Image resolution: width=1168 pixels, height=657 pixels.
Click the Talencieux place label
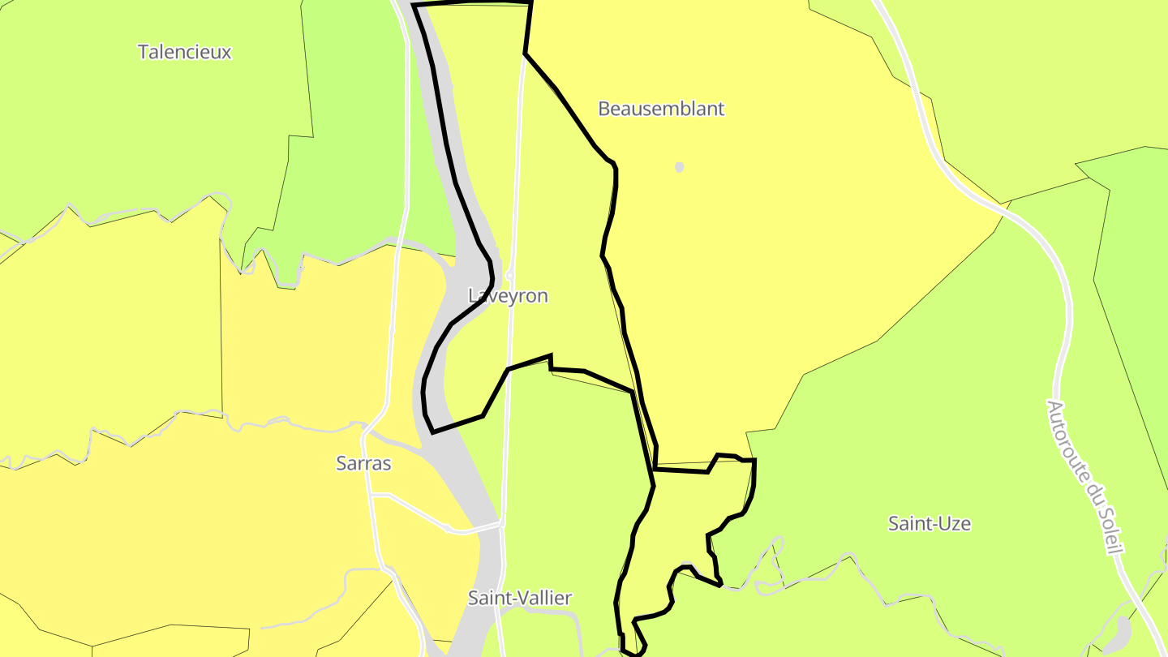185,53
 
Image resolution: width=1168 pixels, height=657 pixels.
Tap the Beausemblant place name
661,109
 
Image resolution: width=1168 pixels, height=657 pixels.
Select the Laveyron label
509,296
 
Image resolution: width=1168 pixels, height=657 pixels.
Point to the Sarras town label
363,464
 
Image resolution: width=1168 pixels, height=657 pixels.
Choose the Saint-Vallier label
520,599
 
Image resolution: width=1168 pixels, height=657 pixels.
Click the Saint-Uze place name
930,524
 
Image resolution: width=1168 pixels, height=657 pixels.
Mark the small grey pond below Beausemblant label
680,167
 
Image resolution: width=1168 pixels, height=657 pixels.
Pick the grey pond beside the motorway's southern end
1120,631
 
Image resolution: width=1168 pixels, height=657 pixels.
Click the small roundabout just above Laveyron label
510,275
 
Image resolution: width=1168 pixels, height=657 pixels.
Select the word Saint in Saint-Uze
907,524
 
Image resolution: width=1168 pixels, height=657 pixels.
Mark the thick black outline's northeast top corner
530,3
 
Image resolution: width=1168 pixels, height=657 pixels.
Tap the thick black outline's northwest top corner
414,6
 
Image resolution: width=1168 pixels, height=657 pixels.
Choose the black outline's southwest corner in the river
432,432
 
